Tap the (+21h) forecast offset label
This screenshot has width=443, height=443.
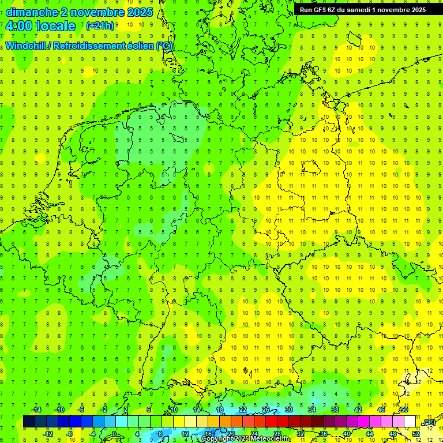coord(100,26)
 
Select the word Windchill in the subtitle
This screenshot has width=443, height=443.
coord(27,46)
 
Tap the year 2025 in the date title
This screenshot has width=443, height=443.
coord(140,12)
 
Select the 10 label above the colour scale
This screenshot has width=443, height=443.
coord(174,410)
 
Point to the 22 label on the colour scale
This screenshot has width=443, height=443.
coord(243,410)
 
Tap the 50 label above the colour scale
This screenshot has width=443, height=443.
coord(404,410)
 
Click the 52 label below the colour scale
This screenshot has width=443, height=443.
coord(416,433)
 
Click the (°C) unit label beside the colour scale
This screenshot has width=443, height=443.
coord(429,423)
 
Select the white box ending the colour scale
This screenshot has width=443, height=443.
coord(410,421)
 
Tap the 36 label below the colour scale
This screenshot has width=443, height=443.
coord(324,433)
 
